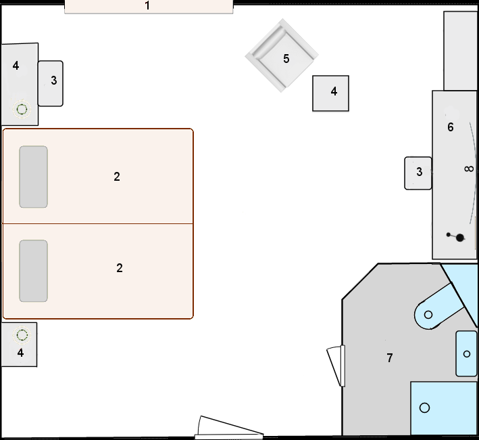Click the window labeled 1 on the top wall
(x=149, y=7)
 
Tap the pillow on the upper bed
(x=33, y=177)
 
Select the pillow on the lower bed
(x=33, y=271)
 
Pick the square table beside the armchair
(x=330, y=93)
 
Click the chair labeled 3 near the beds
(x=51, y=83)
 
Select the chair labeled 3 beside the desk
(x=418, y=173)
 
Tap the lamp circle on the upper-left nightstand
(x=22, y=108)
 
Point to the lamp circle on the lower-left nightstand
(x=22, y=334)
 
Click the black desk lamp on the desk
(x=459, y=237)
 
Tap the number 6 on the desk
(x=451, y=127)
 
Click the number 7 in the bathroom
(x=390, y=358)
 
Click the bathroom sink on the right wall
(x=466, y=353)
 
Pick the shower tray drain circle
(x=424, y=408)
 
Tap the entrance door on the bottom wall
(x=228, y=428)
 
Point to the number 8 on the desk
(x=470, y=169)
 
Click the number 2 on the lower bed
(x=120, y=268)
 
